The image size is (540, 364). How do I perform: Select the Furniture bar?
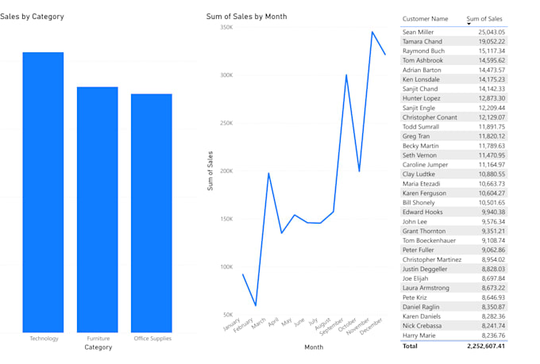pos(97,209)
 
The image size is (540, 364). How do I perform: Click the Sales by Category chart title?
pos(32,17)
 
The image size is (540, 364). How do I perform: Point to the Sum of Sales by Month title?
pos(246,17)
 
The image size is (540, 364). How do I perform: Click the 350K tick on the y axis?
pos(226,28)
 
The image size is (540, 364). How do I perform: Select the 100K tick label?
pos(226,267)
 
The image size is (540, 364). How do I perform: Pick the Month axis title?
pos(314,347)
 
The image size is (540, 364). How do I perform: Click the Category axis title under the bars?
pos(98,347)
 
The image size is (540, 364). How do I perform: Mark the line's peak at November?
pos(372,33)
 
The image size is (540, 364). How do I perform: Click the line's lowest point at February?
pos(256,305)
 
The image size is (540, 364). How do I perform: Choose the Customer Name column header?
pos(425,19)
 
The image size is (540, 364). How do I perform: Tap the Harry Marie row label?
pos(420,335)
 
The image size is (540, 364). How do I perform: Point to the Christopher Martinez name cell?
pos(431,259)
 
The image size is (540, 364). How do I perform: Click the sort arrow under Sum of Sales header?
pos(469,25)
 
